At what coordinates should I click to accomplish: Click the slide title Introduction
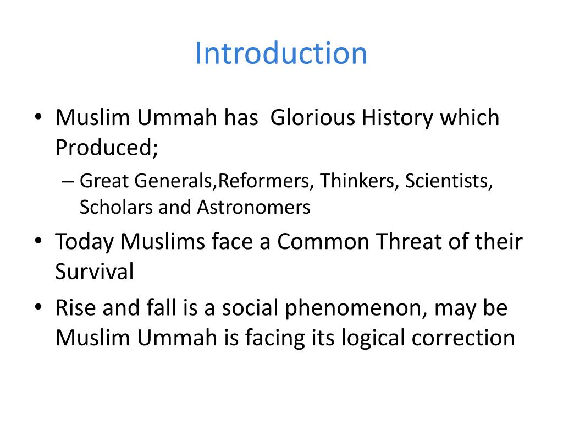coord(281,53)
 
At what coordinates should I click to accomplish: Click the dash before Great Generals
coord(67,181)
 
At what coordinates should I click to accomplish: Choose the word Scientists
coord(449,181)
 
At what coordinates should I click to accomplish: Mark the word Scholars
coord(117,207)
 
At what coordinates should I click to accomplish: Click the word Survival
coord(95,272)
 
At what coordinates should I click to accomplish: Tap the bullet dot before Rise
coord(38,308)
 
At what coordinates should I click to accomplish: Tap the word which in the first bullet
coord(472,118)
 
